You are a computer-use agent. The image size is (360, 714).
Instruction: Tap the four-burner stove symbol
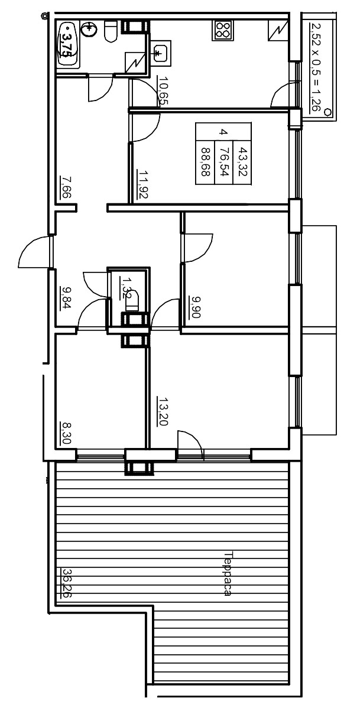223,30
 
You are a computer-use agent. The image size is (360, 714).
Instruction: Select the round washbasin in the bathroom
89,29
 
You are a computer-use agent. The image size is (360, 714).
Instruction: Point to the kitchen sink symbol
160,55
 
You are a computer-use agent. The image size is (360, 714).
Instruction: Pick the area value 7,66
66,187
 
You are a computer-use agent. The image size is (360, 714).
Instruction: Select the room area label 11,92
142,184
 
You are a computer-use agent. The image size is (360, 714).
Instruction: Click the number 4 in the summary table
223,132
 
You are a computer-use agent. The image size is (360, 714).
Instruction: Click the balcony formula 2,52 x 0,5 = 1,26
316,67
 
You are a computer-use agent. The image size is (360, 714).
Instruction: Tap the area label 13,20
163,411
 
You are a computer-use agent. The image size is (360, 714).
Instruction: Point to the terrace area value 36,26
66,584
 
